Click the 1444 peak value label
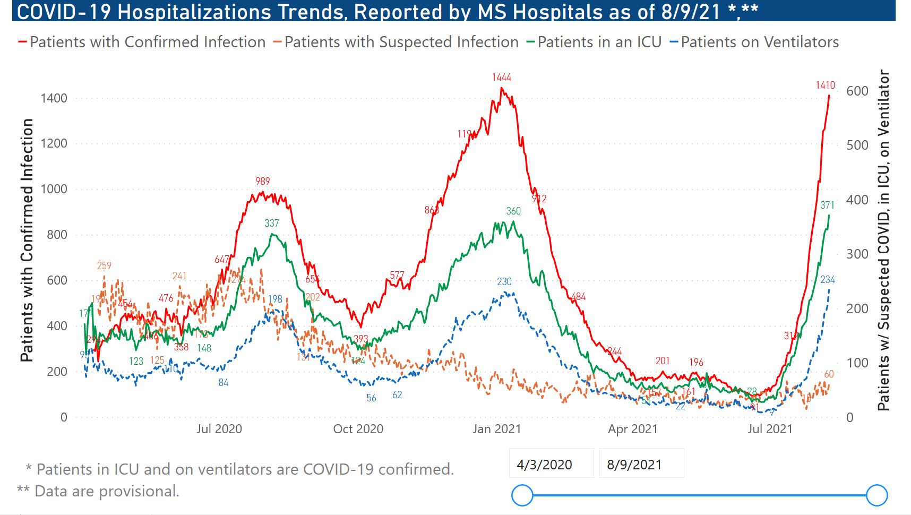[501, 78]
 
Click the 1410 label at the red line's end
[825, 85]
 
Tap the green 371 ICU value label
[827, 205]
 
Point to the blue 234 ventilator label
[827, 280]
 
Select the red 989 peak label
[262, 182]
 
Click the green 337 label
[271, 224]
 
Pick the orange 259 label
[104, 265]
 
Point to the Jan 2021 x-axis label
[497, 429]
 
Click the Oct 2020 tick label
[358, 429]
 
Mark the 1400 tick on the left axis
[54, 98]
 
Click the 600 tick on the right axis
[857, 91]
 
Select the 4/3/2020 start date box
[544, 465]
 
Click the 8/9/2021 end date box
[634, 465]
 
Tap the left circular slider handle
[522, 495]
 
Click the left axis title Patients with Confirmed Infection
[27, 240]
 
